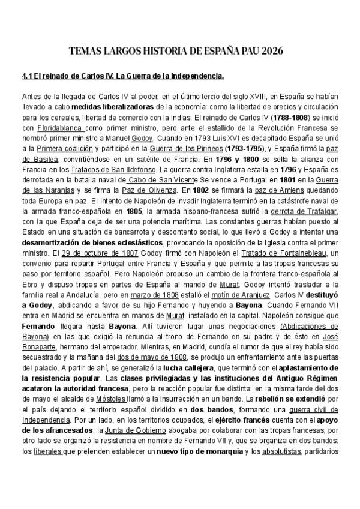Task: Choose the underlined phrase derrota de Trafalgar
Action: click(305, 212)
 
